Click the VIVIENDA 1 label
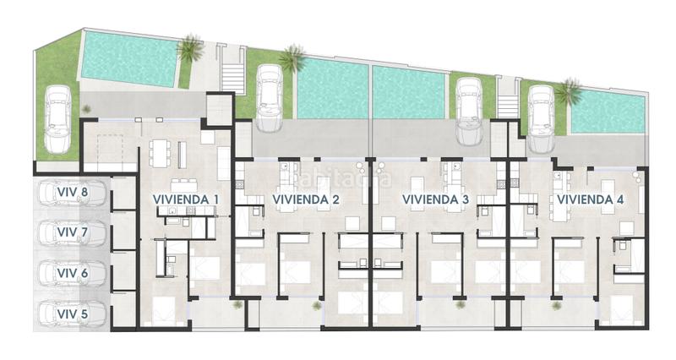186,199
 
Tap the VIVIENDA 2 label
306,199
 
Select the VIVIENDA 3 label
435,199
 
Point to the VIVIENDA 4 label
591,199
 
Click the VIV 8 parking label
72,193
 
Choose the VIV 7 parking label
72,232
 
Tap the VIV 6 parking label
72,273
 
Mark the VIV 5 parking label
72,314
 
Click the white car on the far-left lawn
57,120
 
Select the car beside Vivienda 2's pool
268,97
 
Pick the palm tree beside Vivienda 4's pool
569,91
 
